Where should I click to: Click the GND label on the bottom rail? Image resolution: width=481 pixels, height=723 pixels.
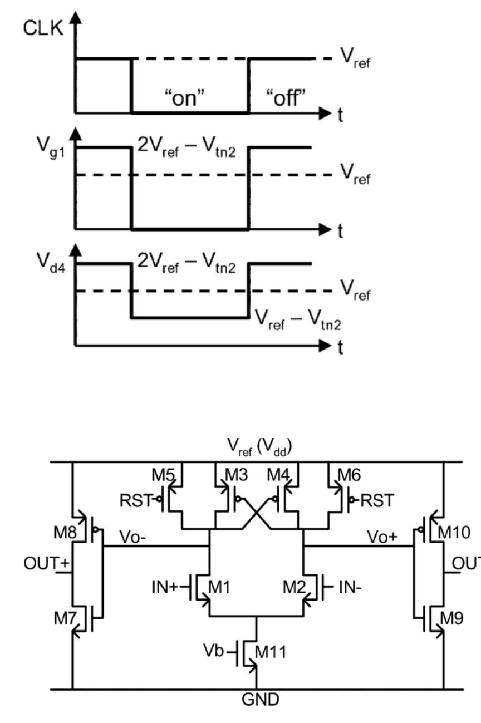coord(257,700)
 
